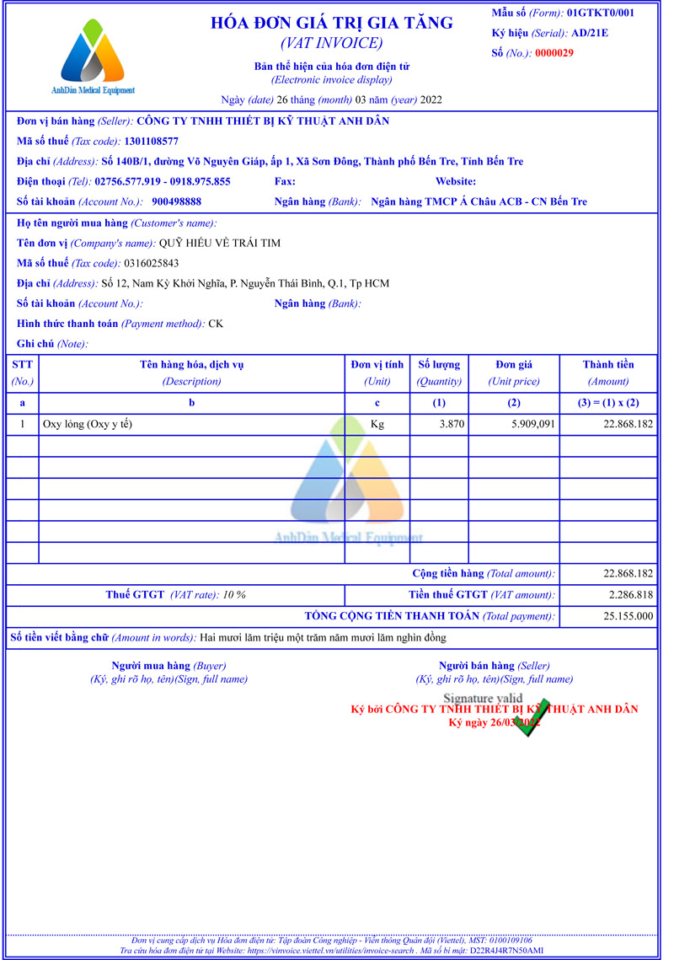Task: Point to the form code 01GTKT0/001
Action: click(x=601, y=13)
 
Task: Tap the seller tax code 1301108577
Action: click(x=151, y=142)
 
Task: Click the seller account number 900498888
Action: click(x=177, y=202)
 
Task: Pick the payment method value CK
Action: click(x=217, y=324)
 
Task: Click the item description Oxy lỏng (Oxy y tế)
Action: click(x=88, y=425)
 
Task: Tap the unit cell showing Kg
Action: click(x=377, y=425)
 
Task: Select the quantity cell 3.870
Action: click(x=452, y=425)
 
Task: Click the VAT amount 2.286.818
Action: click(x=628, y=595)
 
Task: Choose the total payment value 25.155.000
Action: click(x=628, y=616)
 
